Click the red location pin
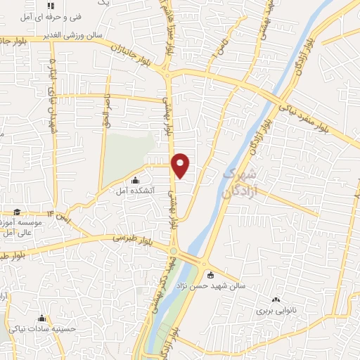[181, 165]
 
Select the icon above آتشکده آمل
[136, 180]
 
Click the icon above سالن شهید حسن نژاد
[210, 275]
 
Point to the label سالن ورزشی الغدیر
[70, 34]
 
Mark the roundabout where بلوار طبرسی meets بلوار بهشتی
[173, 250]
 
